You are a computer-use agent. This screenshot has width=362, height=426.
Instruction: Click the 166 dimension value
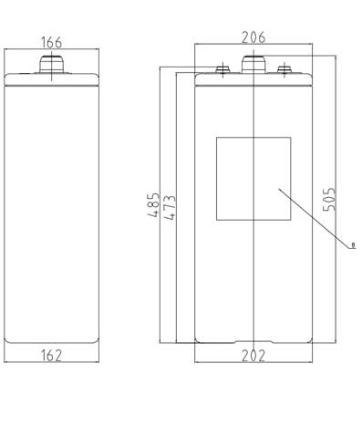pyautogui.click(x=51, y=42)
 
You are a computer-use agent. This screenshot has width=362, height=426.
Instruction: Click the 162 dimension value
pyautogui.click(x=51, y=355)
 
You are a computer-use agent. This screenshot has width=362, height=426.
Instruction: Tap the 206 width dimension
pyautogui.click(x=253, y=37)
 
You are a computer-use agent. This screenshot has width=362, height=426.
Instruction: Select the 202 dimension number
pyautogui.click(x=253, y=356)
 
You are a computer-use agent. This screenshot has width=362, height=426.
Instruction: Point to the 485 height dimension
pyautogui.click(x=153, y=204)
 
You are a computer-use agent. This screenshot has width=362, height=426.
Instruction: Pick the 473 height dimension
pyautogui.click(x=170, y=207)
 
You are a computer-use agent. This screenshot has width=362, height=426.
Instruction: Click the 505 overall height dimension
pyautogui.click(x=329, y=199)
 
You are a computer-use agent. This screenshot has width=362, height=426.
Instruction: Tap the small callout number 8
pyautogui.click(x=353, y=244)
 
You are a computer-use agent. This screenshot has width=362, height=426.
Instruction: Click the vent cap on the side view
pyautogui.click(x=52, y=64)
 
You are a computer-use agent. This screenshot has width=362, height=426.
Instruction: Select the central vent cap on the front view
pyautogui.click(x=253, y=64)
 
